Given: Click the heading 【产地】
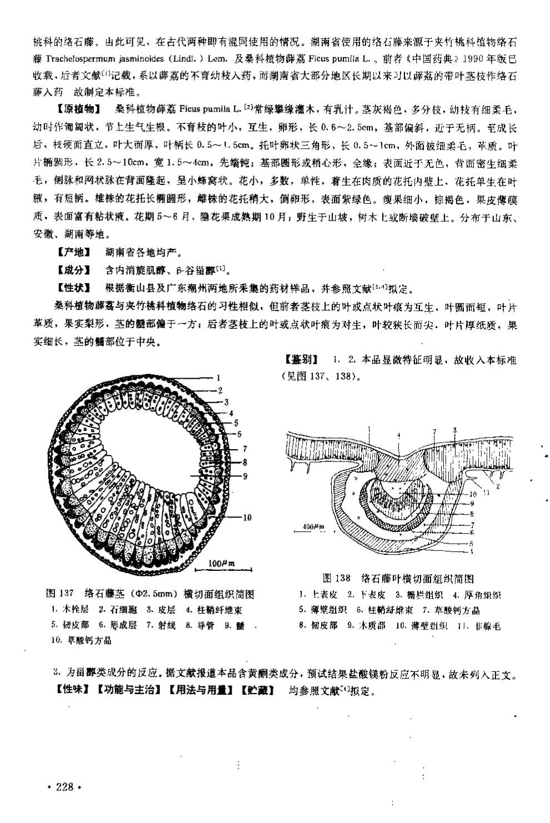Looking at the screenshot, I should tap(73, 253).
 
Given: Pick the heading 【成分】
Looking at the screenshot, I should tap(73, 270).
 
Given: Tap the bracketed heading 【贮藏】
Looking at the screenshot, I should tap(258, 692).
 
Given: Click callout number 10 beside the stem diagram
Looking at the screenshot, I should tap(247, 517).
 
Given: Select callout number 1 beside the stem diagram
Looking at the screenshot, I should tap(219, 377).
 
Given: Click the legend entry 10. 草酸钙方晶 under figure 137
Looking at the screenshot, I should tap(81, 641).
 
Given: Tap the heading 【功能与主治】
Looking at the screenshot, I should tap(128, 692).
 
